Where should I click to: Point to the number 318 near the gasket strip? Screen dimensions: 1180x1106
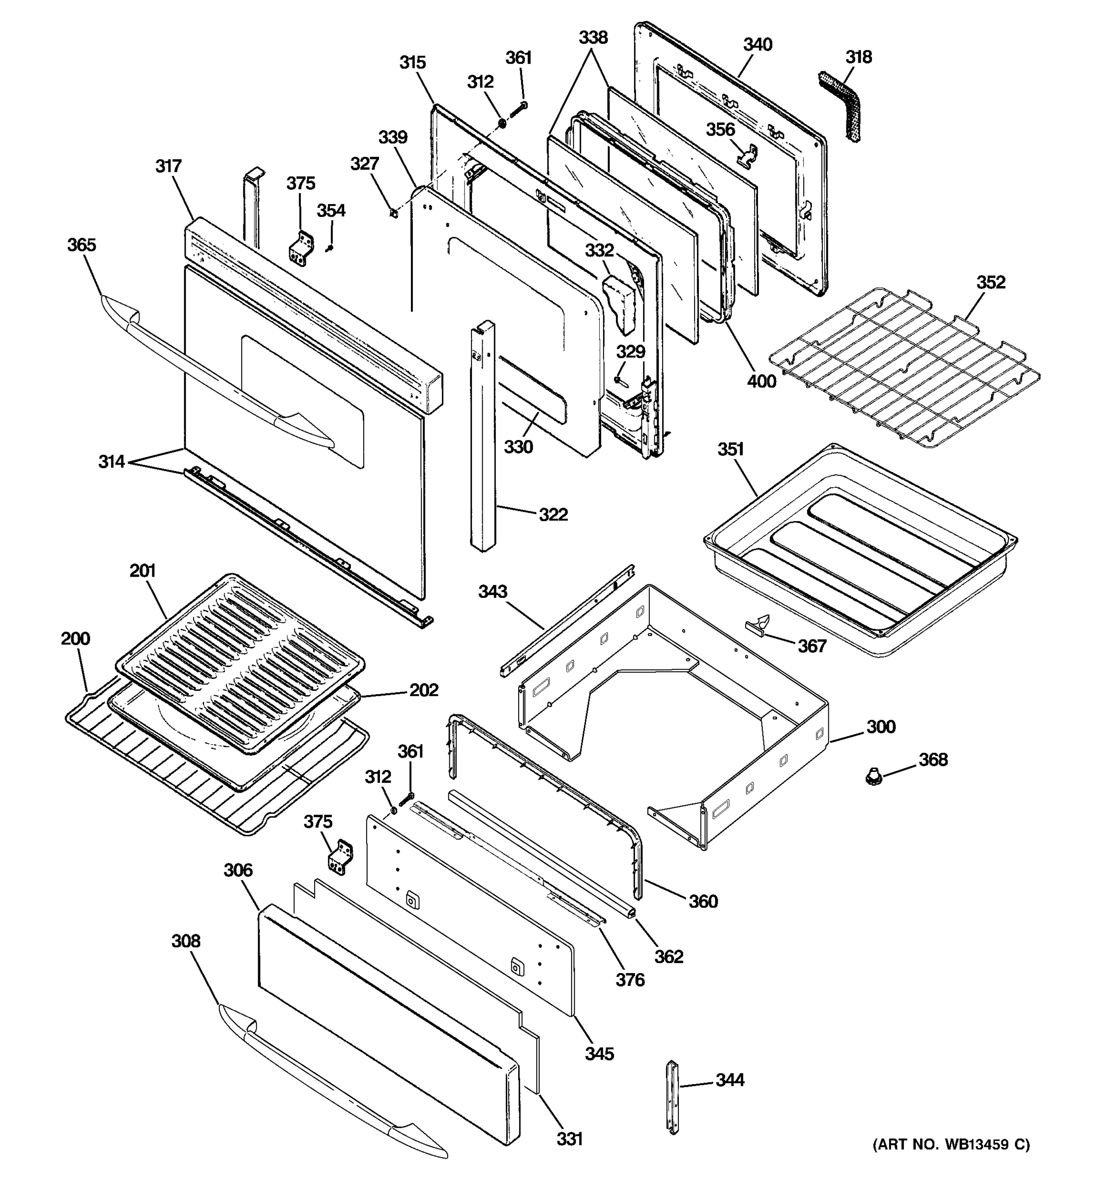point(859,57)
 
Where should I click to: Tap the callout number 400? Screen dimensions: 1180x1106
point(761,381)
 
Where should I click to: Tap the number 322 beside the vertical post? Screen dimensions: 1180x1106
point(553,514)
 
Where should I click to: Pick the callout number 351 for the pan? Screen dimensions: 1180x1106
point(730,449)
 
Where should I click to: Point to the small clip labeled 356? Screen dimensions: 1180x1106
point(748,155)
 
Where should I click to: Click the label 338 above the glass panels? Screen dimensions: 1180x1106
point(593,37)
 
